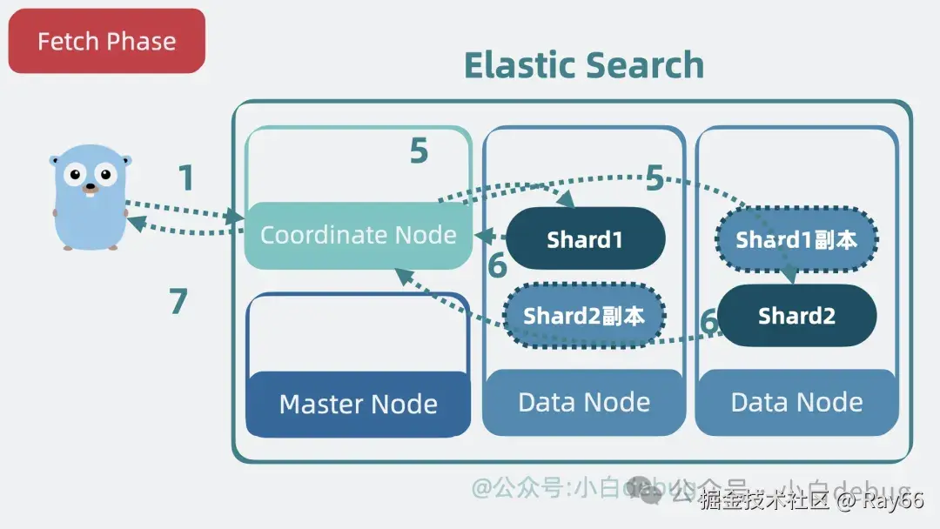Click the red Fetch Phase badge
click(106, 41)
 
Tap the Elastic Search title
click(583, 65)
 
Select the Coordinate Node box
click(358, 235)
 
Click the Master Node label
click(358, 404)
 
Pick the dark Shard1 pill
click(585, 239)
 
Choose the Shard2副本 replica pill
click(584, 316)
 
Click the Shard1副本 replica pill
click(796, 240)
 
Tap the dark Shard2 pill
click(796, 316)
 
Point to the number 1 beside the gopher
click(185, 178)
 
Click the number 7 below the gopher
click(178, 301)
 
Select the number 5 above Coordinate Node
click(419, 151)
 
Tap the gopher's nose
click(89, 185)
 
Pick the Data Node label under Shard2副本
click(584, 402)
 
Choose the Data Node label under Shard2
click(796, 402)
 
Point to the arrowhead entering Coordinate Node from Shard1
click(480, 235)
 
